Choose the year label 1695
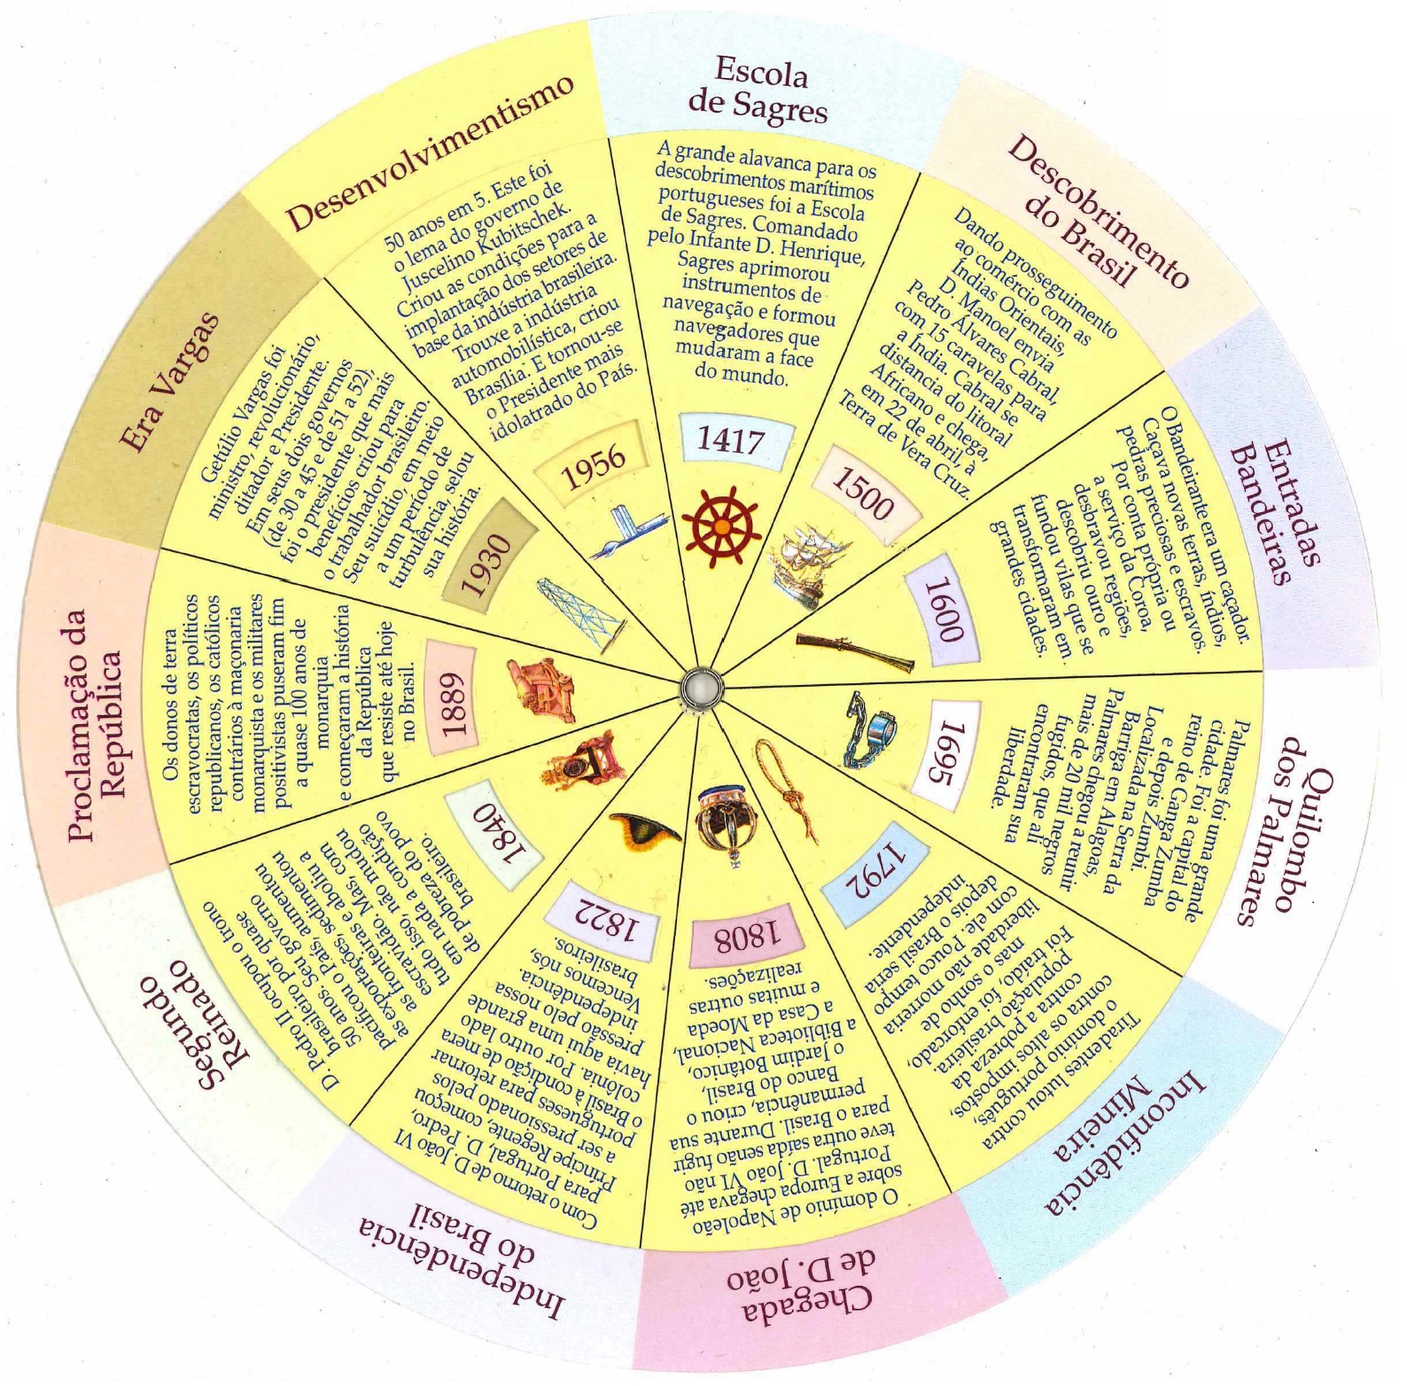948,754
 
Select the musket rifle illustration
855,651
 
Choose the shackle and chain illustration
868,727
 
